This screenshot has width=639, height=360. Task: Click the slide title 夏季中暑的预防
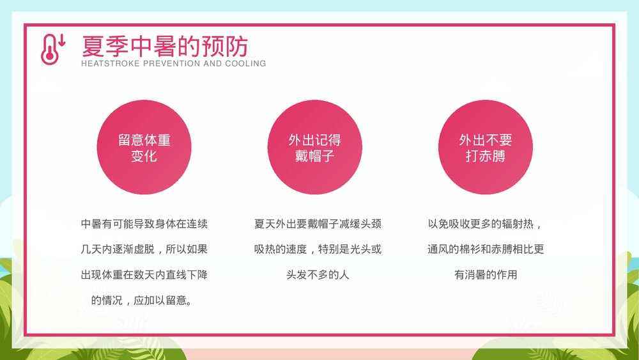164,46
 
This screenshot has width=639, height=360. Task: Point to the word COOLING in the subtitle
245,64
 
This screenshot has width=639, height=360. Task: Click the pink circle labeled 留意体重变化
144,148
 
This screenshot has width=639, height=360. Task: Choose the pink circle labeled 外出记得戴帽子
314,148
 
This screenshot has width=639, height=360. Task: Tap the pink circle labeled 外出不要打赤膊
486,148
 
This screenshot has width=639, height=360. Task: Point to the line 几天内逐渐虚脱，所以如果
144,249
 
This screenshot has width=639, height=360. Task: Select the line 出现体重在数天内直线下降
144,275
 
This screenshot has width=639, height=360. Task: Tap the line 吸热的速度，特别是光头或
318,249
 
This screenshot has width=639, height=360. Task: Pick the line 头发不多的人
318,275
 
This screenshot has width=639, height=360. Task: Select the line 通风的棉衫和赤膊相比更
486,249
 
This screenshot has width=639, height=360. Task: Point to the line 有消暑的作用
486,275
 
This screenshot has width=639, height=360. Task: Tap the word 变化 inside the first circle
144,156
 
